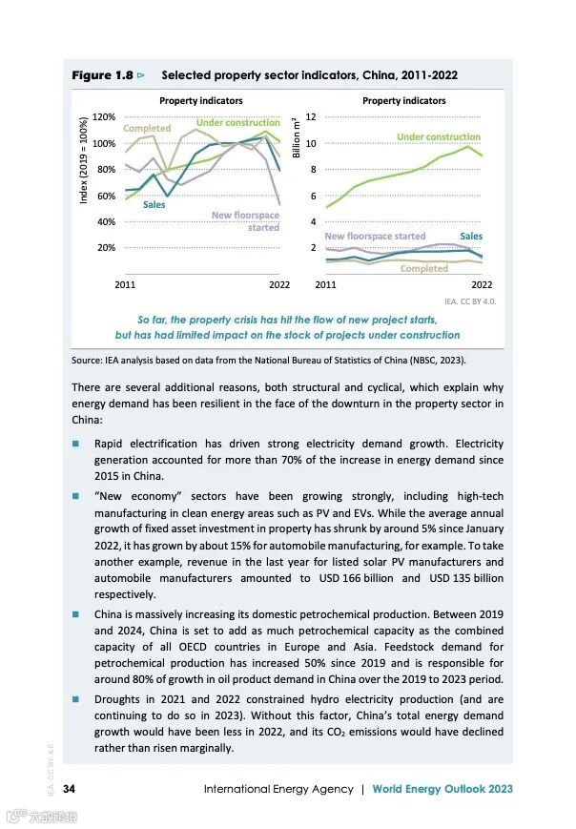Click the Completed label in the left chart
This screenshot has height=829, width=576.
pos(147,129)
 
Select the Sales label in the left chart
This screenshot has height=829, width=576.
pos(154,204)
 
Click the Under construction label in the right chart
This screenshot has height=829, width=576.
pos(439,137)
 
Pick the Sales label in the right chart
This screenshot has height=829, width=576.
pos(471,236)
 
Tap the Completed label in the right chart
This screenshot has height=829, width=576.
pos(423,269)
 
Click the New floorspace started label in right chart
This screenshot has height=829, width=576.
pos(375,236)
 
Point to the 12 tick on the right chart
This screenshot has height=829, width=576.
pos(323,116)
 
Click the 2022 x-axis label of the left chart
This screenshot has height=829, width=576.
pos(278,284)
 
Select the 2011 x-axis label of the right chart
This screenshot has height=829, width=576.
pos(325,284)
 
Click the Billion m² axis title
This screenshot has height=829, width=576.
pos(297,139)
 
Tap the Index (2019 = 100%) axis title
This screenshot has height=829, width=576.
pos(84,159)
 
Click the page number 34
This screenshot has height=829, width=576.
pos(70,789)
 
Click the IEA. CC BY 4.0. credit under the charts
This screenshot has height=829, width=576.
pos(470,301)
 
